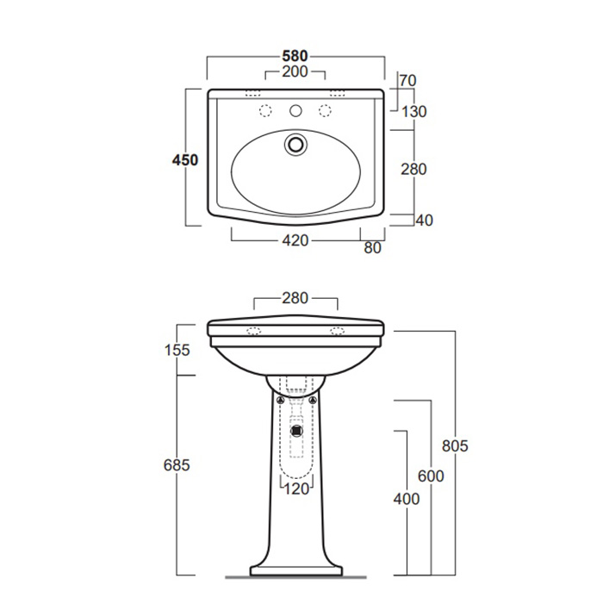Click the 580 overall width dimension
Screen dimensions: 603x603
(295, 56)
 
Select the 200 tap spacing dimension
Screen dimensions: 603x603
(295, 71)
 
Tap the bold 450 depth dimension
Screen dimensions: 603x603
(185, 160)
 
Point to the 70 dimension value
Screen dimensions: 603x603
(407, 81)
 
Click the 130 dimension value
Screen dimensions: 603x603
(413, 112)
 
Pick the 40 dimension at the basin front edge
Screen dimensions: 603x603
(424, 221)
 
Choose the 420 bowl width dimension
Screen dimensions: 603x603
(295, 240)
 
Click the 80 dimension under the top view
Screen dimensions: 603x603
(372, 248)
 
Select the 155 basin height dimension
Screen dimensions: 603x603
(177, 350)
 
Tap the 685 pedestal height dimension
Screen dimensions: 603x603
(177, 465)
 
